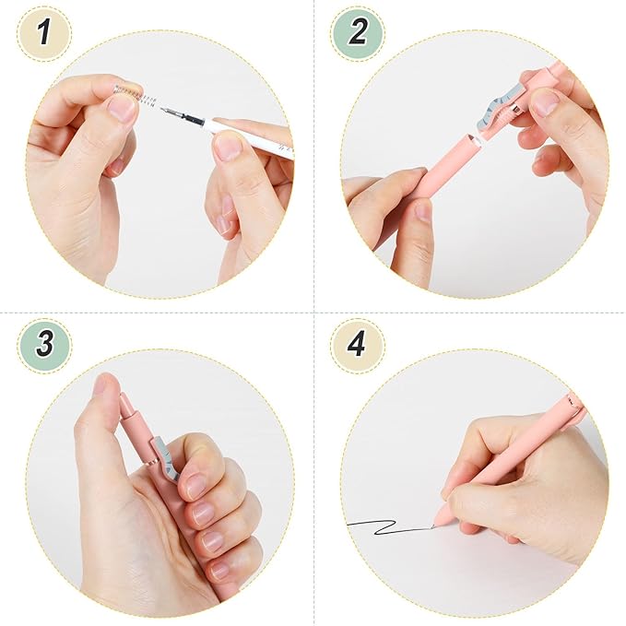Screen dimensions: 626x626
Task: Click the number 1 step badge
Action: tap(43, 34)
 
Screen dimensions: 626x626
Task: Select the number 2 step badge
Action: tap(357, 34)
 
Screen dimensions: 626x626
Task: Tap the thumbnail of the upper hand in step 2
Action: tap(545, 102)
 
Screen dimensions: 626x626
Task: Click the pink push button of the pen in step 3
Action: tap(127, 407)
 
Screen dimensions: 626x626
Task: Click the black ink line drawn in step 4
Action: tap(387, 526)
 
